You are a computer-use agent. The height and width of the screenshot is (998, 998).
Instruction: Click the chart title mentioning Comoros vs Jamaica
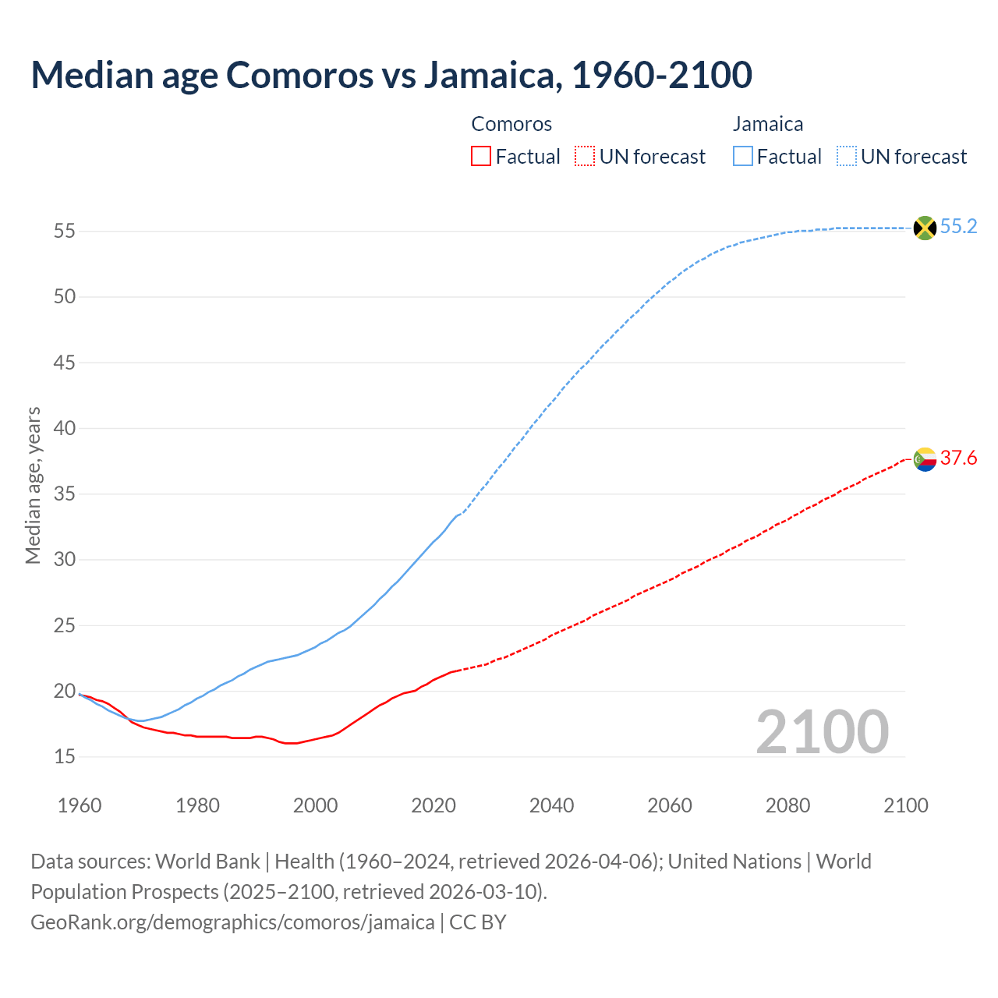coord(391,75)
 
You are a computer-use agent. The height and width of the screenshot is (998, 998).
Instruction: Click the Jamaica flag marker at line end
coord(925,228)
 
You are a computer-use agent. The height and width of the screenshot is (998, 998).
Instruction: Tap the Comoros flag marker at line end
coord(925,459)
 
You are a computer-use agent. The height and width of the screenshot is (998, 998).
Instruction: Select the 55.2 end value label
coord(958,227)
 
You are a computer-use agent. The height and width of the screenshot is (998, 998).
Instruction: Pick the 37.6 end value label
coord(958,458)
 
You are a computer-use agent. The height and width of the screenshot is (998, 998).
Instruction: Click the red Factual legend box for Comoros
coord(481,157)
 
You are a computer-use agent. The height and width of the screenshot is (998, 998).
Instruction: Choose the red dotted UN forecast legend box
coord(585,157)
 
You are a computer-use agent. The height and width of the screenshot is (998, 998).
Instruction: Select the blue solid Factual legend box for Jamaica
coord(743,157)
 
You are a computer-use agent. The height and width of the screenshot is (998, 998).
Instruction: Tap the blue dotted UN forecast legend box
coord(846,157)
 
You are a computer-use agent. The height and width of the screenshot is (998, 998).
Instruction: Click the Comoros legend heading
coord(511,124)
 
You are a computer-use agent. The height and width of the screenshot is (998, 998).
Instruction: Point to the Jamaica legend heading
coord(767,124)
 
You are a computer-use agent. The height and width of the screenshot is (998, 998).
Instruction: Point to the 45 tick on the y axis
coord(65,363)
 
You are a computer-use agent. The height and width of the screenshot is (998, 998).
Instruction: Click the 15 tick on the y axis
coord(65,757)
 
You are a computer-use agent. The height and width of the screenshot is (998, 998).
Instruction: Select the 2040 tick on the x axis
coord(551,805)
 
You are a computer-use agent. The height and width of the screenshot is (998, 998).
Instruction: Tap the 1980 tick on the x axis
coord(197,805)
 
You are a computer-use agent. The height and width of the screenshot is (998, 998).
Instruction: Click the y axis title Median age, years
coord(33,485)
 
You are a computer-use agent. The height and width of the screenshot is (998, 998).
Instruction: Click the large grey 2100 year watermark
coord(822,731)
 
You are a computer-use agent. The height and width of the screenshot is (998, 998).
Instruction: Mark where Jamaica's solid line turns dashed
coord(460,514)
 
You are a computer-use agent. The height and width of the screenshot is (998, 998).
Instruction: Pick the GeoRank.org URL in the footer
coord(232,922)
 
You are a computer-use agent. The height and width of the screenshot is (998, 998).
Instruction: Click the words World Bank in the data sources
coord(207,862)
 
